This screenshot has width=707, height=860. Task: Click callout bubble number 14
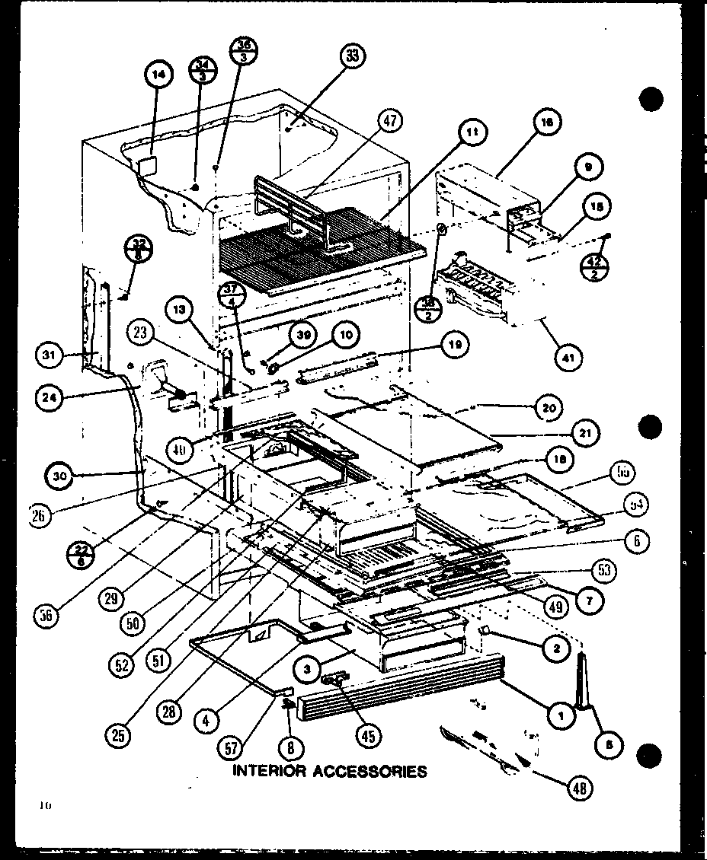158,74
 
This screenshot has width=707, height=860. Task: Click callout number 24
50,397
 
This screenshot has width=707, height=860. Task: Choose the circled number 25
120,735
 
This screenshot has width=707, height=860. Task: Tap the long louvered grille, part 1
396,696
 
